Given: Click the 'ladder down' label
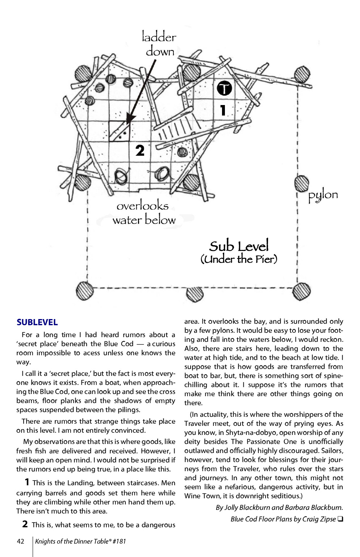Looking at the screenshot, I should (159, 44).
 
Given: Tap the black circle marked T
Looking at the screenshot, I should (224, 88).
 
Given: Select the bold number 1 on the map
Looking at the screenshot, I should (223, 110).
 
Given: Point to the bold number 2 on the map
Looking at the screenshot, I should (140, 150).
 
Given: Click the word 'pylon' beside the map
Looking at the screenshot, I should (323, 196).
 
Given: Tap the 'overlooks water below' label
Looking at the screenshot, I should (143, 213).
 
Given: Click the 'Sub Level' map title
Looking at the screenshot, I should (239, 246).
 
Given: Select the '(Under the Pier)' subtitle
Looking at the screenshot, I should (239, 259).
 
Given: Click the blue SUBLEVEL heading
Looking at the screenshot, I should (37, 322).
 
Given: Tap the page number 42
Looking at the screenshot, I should (21, 541).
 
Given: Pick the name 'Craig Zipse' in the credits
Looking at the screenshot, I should (318, 519).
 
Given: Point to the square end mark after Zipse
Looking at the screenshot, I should (340, 519).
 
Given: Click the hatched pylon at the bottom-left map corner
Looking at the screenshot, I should (85, 290).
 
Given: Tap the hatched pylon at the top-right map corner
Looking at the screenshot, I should (302, 75).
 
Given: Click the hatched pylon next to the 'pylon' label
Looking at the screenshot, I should (302, 183).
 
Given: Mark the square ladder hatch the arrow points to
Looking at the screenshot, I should (120, 131).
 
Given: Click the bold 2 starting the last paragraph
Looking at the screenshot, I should (25, 524).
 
